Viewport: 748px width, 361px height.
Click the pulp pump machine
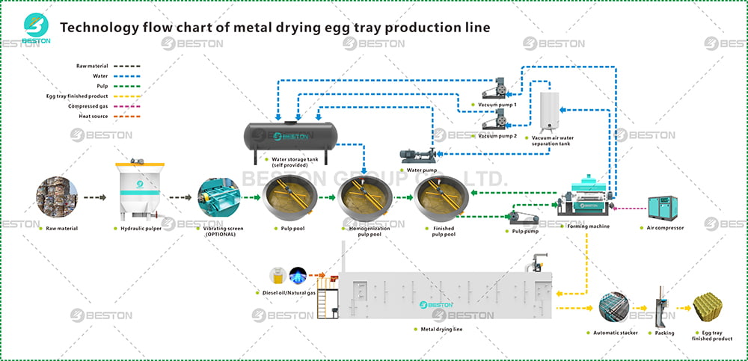[x=523, y=216]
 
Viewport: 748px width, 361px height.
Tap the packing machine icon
[x=660, y=307]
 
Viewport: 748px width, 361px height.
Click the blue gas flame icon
[x=299, y=274]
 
